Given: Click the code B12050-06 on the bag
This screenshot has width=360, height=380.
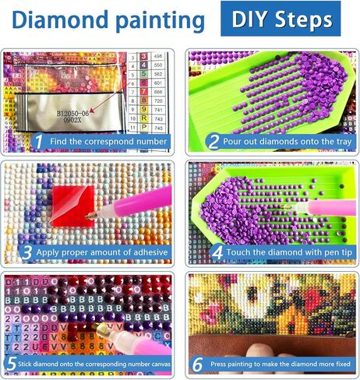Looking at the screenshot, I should [81, 113].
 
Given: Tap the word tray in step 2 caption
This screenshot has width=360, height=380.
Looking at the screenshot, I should [343, 142].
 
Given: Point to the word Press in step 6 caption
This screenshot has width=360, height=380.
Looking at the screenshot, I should [221, 364].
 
